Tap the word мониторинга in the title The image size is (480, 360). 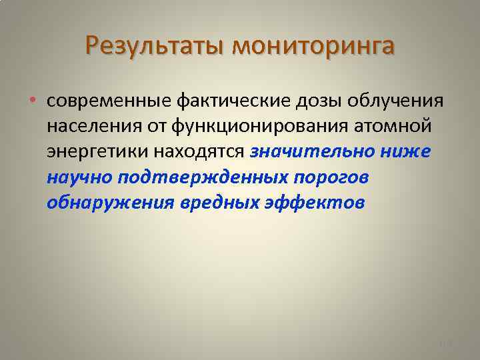tap(313, 46)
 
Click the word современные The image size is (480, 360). tap(108, 101)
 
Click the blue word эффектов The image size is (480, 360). tap(323, 202)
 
